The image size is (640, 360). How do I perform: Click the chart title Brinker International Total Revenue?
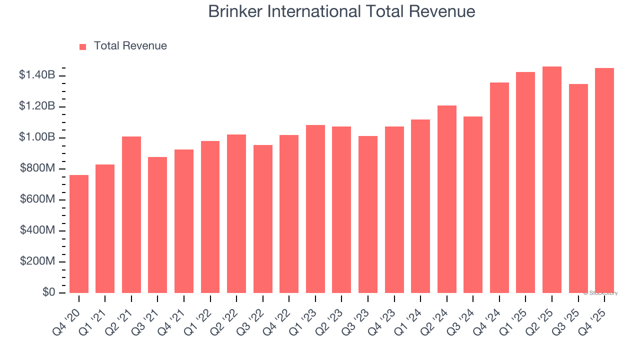tap(341, 12)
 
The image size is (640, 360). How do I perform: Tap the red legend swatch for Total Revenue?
tap(83, 46)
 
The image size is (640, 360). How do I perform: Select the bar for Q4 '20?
tap(79, 234)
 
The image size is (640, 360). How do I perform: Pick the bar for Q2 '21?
tap(131, 215)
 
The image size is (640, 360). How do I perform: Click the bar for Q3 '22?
tap(263, 219)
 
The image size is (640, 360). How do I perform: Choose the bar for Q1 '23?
tap(315, 209)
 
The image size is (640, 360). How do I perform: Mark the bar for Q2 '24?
tap(446, 199)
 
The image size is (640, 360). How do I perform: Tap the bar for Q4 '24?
tap(499, 187)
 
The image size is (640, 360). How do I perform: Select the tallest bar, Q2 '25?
tap(552, 180)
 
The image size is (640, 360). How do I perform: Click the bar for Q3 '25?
tap(578, 188)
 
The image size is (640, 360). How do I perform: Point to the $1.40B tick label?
tap(37, 75)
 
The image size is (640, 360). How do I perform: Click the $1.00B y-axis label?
tap(37, 137)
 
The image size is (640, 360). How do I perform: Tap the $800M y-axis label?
tap(38, 168)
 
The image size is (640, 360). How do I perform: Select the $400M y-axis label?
tap(38, 230)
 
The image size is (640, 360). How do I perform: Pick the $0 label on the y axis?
tap(48, 292)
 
